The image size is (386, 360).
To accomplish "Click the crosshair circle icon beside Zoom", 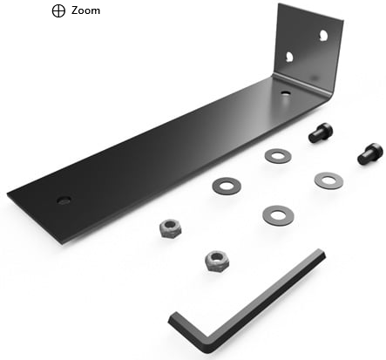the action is coord(58,11).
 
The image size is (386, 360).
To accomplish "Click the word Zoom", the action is coord(85,10).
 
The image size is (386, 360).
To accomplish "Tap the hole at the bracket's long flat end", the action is coord(64,200).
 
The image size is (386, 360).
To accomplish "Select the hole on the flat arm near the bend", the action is coord(286,93).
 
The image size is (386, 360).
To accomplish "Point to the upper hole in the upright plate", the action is coord(323,36).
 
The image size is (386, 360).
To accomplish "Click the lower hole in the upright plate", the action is coord(289,57).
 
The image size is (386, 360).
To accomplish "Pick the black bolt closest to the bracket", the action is coord(321,132).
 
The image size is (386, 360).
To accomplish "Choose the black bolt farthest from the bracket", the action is coord(369,153).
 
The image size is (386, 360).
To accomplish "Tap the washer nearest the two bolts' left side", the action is coord(278,156).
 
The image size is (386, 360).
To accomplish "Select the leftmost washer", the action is coord(227,186).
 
